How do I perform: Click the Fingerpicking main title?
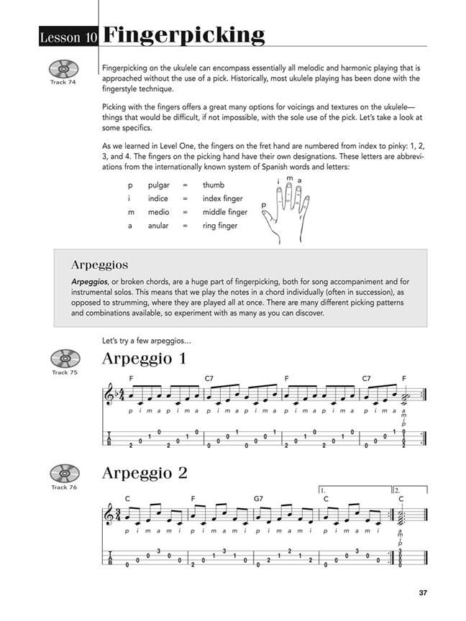183,34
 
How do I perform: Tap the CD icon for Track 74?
63,69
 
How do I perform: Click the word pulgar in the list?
159,185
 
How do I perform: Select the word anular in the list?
159,226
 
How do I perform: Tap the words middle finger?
224,212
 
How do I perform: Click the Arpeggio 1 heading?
144,358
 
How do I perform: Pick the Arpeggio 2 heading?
145,473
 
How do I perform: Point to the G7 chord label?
259,498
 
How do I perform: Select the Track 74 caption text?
63,83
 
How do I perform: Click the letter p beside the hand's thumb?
263,205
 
